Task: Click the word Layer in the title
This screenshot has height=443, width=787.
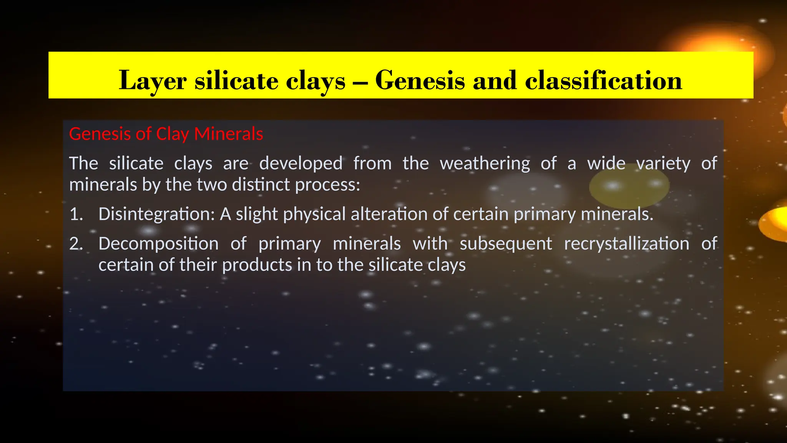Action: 153,81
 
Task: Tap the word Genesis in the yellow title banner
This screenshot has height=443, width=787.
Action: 420,81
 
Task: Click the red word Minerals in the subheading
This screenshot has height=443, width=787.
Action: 229,134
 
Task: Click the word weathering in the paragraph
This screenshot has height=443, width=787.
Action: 485,163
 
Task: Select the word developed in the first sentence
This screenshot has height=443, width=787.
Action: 301,163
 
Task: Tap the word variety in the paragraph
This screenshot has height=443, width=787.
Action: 663,163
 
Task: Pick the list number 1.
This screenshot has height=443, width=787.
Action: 76,214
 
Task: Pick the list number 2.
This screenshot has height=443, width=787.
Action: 76,244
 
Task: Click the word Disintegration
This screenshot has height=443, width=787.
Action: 156,214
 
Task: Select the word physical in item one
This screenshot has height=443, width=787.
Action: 314,214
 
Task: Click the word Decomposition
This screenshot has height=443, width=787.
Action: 158,244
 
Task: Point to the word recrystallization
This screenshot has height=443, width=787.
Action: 626,244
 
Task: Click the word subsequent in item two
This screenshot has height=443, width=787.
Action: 506,244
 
